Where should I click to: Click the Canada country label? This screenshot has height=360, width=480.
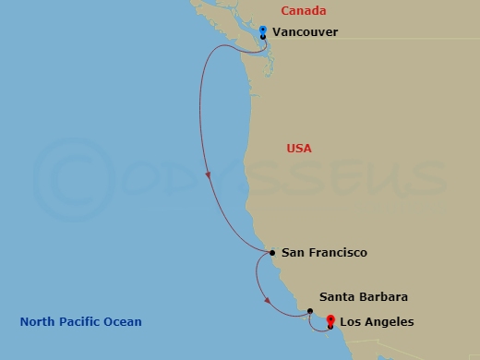303,11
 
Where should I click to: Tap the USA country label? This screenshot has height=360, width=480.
299,149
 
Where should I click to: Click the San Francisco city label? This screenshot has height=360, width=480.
324,253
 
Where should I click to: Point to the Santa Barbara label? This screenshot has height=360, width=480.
363,297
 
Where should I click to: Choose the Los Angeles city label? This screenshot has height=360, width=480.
377,322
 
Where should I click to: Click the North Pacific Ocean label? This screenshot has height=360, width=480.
81,322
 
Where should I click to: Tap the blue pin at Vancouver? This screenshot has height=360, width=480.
263,31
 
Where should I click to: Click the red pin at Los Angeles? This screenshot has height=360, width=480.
330,320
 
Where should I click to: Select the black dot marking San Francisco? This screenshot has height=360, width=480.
272,252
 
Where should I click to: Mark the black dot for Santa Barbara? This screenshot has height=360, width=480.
310,311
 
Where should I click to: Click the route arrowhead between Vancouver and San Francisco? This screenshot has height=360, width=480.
209,174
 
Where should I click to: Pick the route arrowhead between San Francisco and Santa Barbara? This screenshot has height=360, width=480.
267,300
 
